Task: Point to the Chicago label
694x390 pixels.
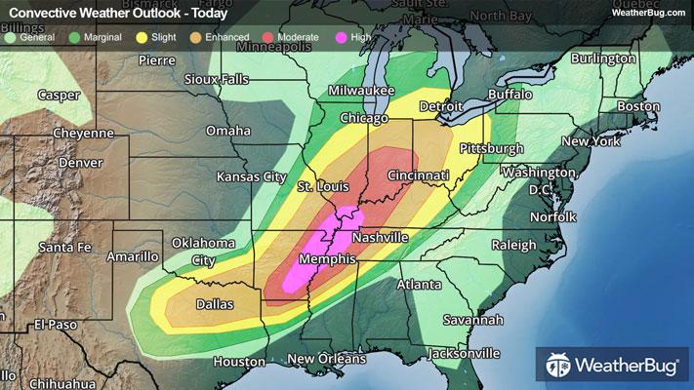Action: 361,118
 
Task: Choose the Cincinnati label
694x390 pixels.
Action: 417,175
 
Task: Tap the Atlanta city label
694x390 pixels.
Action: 418,285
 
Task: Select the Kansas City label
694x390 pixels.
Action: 252,177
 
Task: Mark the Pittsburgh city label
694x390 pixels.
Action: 491,148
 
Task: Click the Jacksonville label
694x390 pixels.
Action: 460,352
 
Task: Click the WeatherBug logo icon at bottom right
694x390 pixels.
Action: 559,367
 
